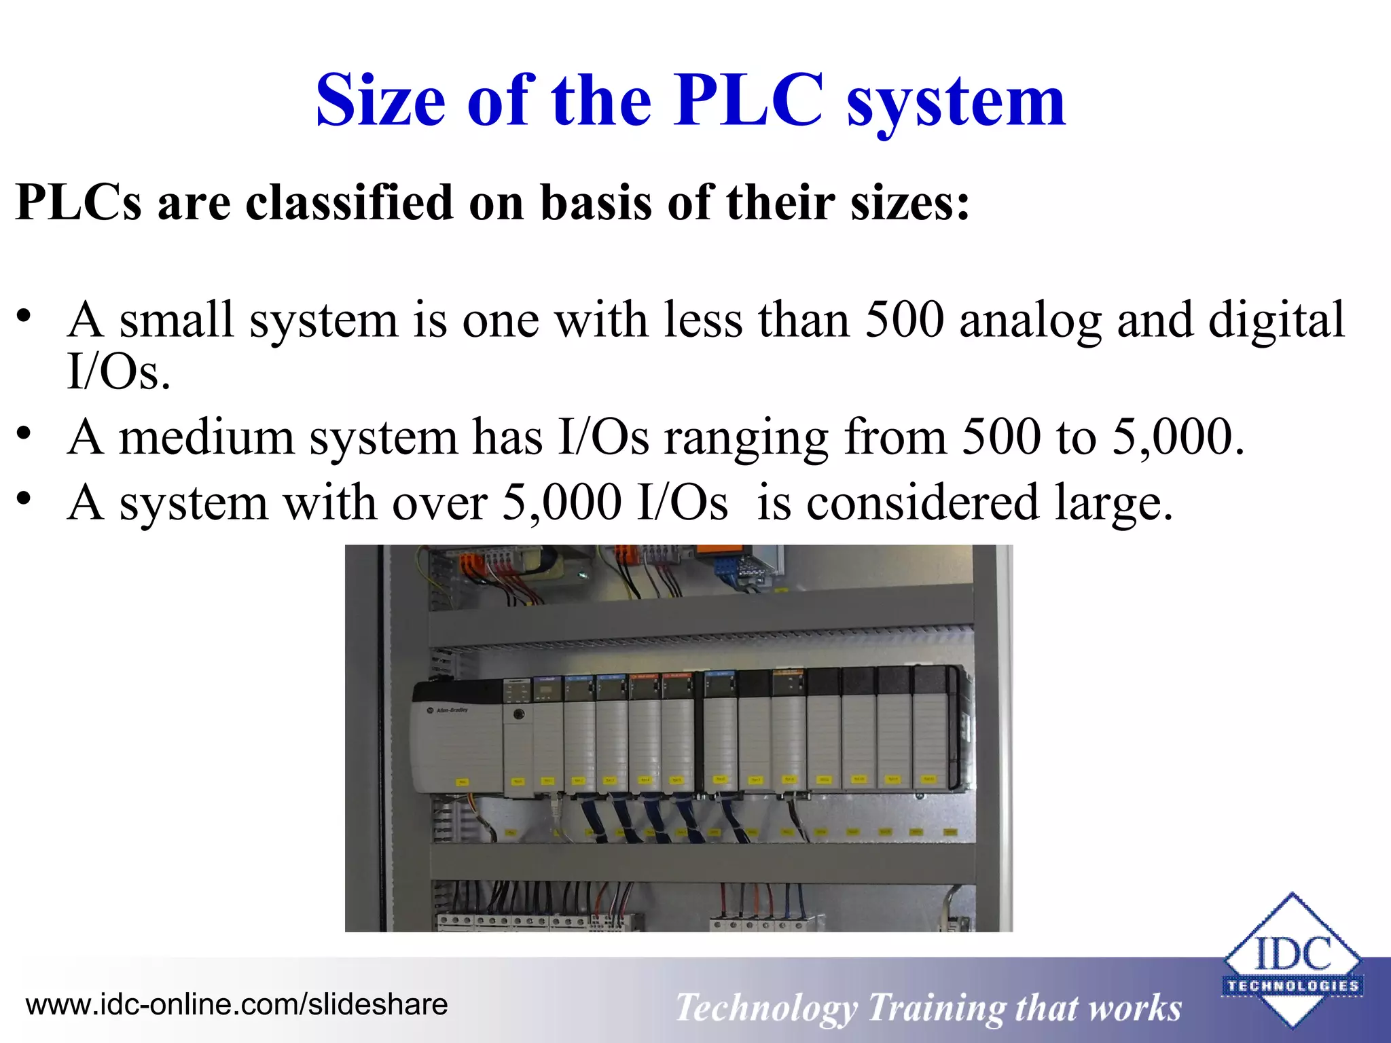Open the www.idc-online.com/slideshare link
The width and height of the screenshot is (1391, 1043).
click(236, 1004)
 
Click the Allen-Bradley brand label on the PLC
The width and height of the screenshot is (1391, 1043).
click(449, 710)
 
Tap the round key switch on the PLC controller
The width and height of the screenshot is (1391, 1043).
click(519, 714)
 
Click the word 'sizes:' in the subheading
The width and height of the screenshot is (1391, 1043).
click(910, 202)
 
